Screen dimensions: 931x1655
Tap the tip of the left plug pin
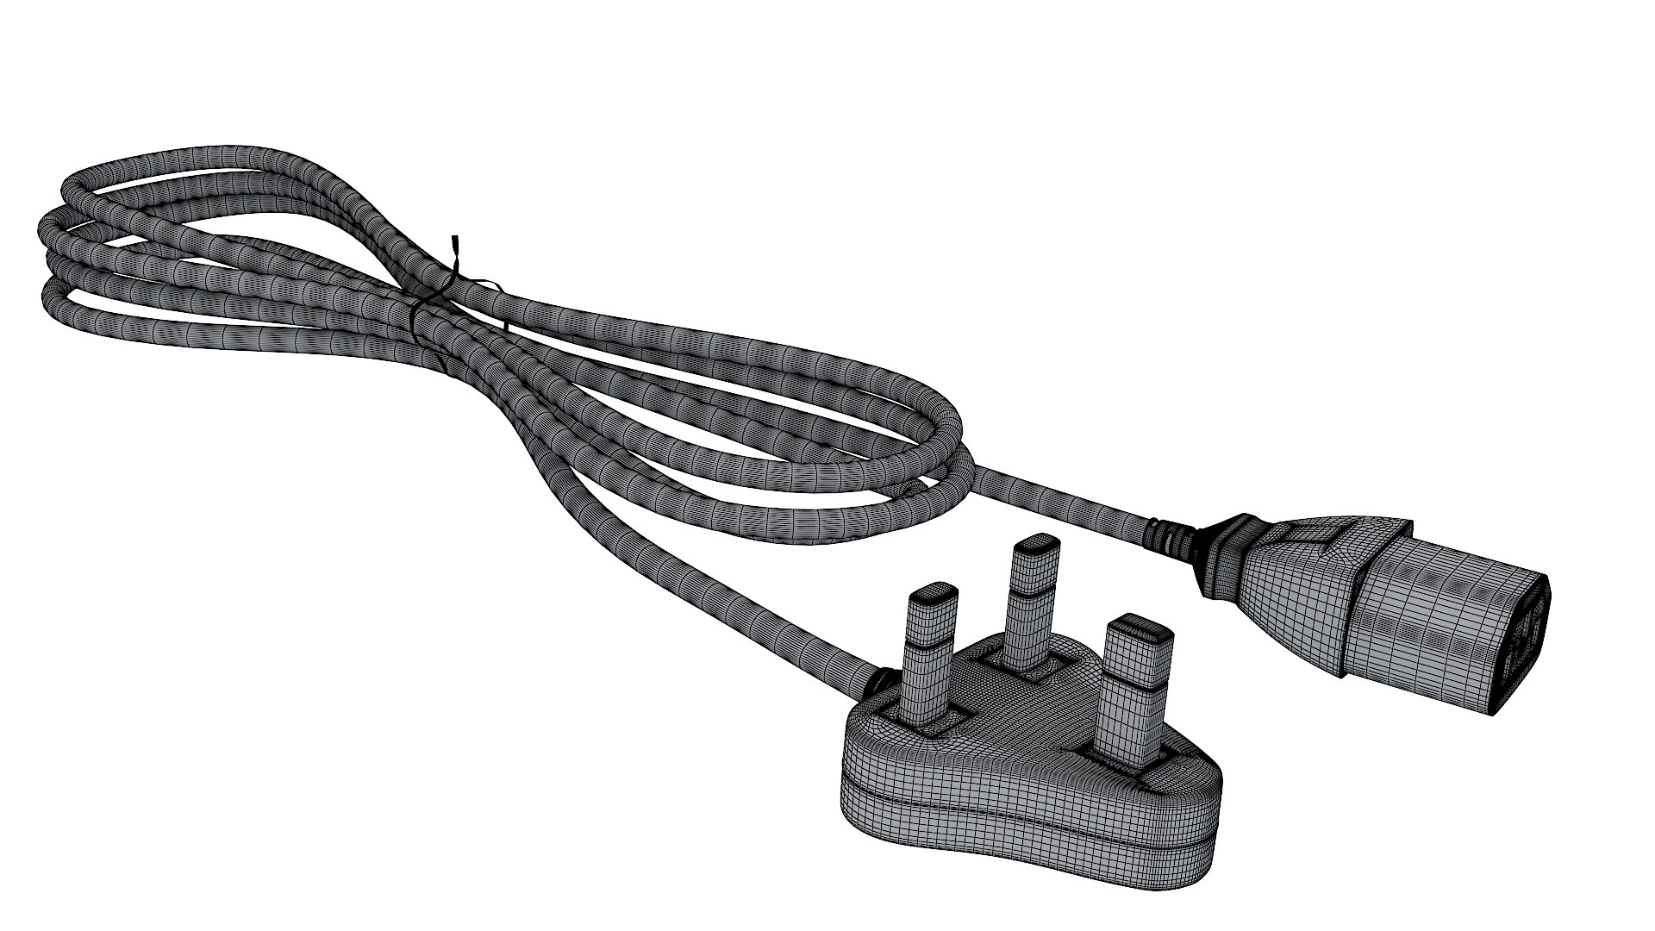tap(933, 595)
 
